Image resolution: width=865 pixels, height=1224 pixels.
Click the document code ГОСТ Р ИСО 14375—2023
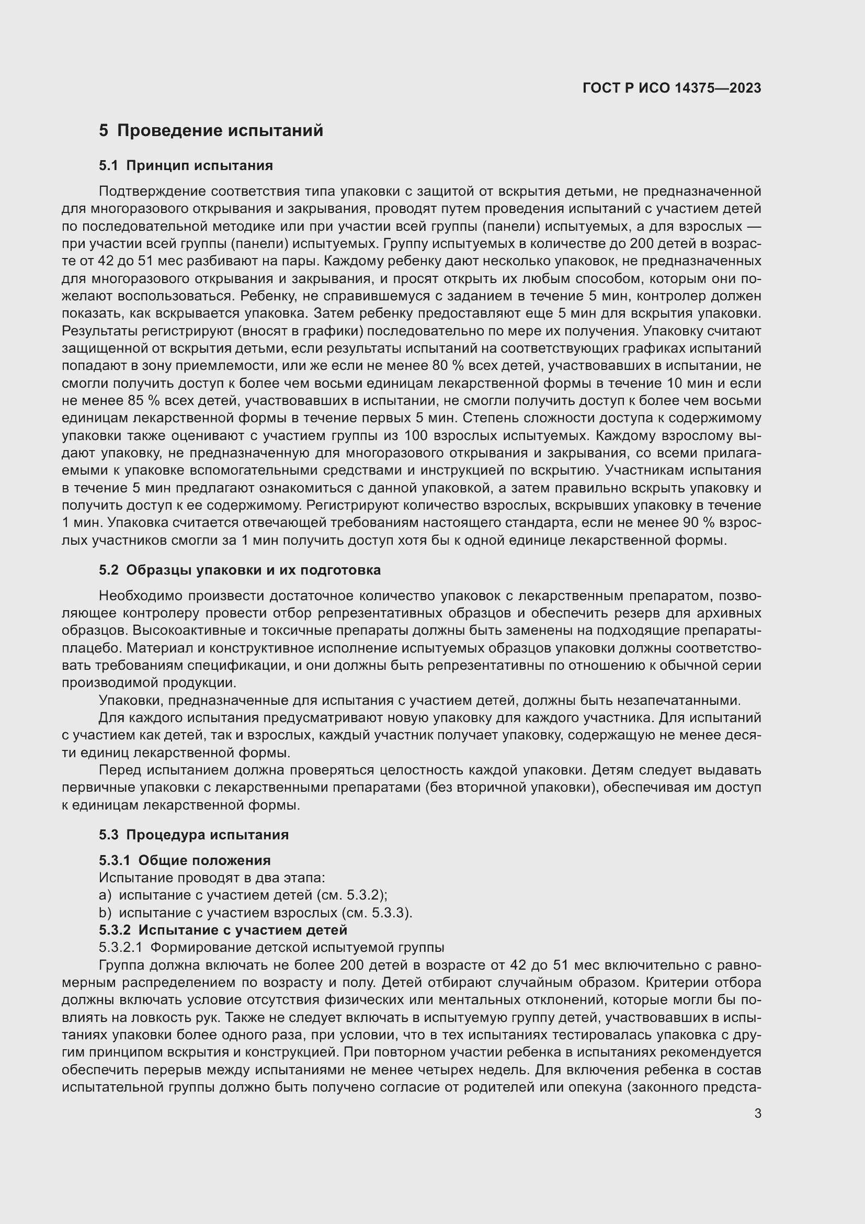click(x=671, y=88)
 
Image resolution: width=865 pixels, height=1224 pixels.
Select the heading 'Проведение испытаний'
click(x=220, y=131)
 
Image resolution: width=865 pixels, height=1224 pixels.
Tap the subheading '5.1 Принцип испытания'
click(x=186, y=166)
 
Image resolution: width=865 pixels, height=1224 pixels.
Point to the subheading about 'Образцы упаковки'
click(x=240, y=570)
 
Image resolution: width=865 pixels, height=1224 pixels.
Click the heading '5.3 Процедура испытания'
click(x=194, y=835)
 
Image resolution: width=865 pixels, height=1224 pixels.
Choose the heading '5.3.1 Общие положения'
click(x=185, y=860)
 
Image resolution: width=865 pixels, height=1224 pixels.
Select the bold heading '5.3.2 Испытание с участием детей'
click(x=223, y=930)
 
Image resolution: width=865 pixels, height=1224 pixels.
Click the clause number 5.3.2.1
click(x=120, y=948)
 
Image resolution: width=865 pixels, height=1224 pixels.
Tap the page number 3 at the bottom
click(x=757, y=1114)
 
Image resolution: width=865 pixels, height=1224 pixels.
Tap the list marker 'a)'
click(x=105, y=895)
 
